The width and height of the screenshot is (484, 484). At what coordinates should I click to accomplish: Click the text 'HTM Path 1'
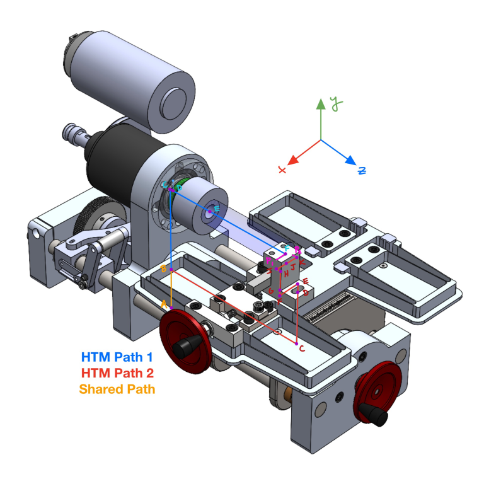click(117, 357)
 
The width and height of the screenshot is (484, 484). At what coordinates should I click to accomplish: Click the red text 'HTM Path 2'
click(117, 373)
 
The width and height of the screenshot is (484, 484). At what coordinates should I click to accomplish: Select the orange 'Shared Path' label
click(117, 389)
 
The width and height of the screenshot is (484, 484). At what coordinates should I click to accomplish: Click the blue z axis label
click(362, 171)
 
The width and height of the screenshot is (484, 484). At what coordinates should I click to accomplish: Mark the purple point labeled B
click(171, 272)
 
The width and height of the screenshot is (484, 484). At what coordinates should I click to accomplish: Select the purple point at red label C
click(296, 343)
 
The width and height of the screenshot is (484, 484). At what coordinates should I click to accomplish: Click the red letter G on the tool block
click(271, 292)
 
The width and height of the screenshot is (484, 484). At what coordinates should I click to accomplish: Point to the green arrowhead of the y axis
click(321, 104)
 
